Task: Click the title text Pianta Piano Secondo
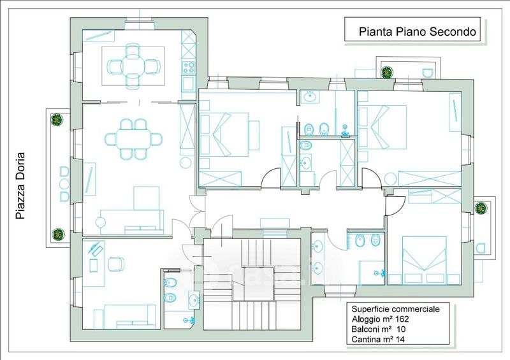[x=418, y=32]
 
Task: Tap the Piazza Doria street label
[x=20, y=185]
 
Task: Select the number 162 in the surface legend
[x=402, y=319]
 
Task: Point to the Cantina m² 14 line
[x=378, y=339]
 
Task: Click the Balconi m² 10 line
[x=378, y=329]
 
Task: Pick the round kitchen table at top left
[x=133, y=67]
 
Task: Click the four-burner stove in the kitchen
[x=189, y=68]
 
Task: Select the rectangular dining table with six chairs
[x=134, y=140]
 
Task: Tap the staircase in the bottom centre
[x=252, y=284]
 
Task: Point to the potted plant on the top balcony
[x=387, y=72]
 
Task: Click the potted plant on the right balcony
[x=481, y=208]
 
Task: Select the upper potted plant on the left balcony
[x=57, y=120]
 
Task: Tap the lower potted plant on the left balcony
[x=58, y=234]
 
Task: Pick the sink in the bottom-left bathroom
[x=194, y=299]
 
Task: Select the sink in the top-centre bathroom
[x=309, y=96]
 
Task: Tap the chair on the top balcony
[x=427, y=73]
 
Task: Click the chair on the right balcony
[x=481, y=248]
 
